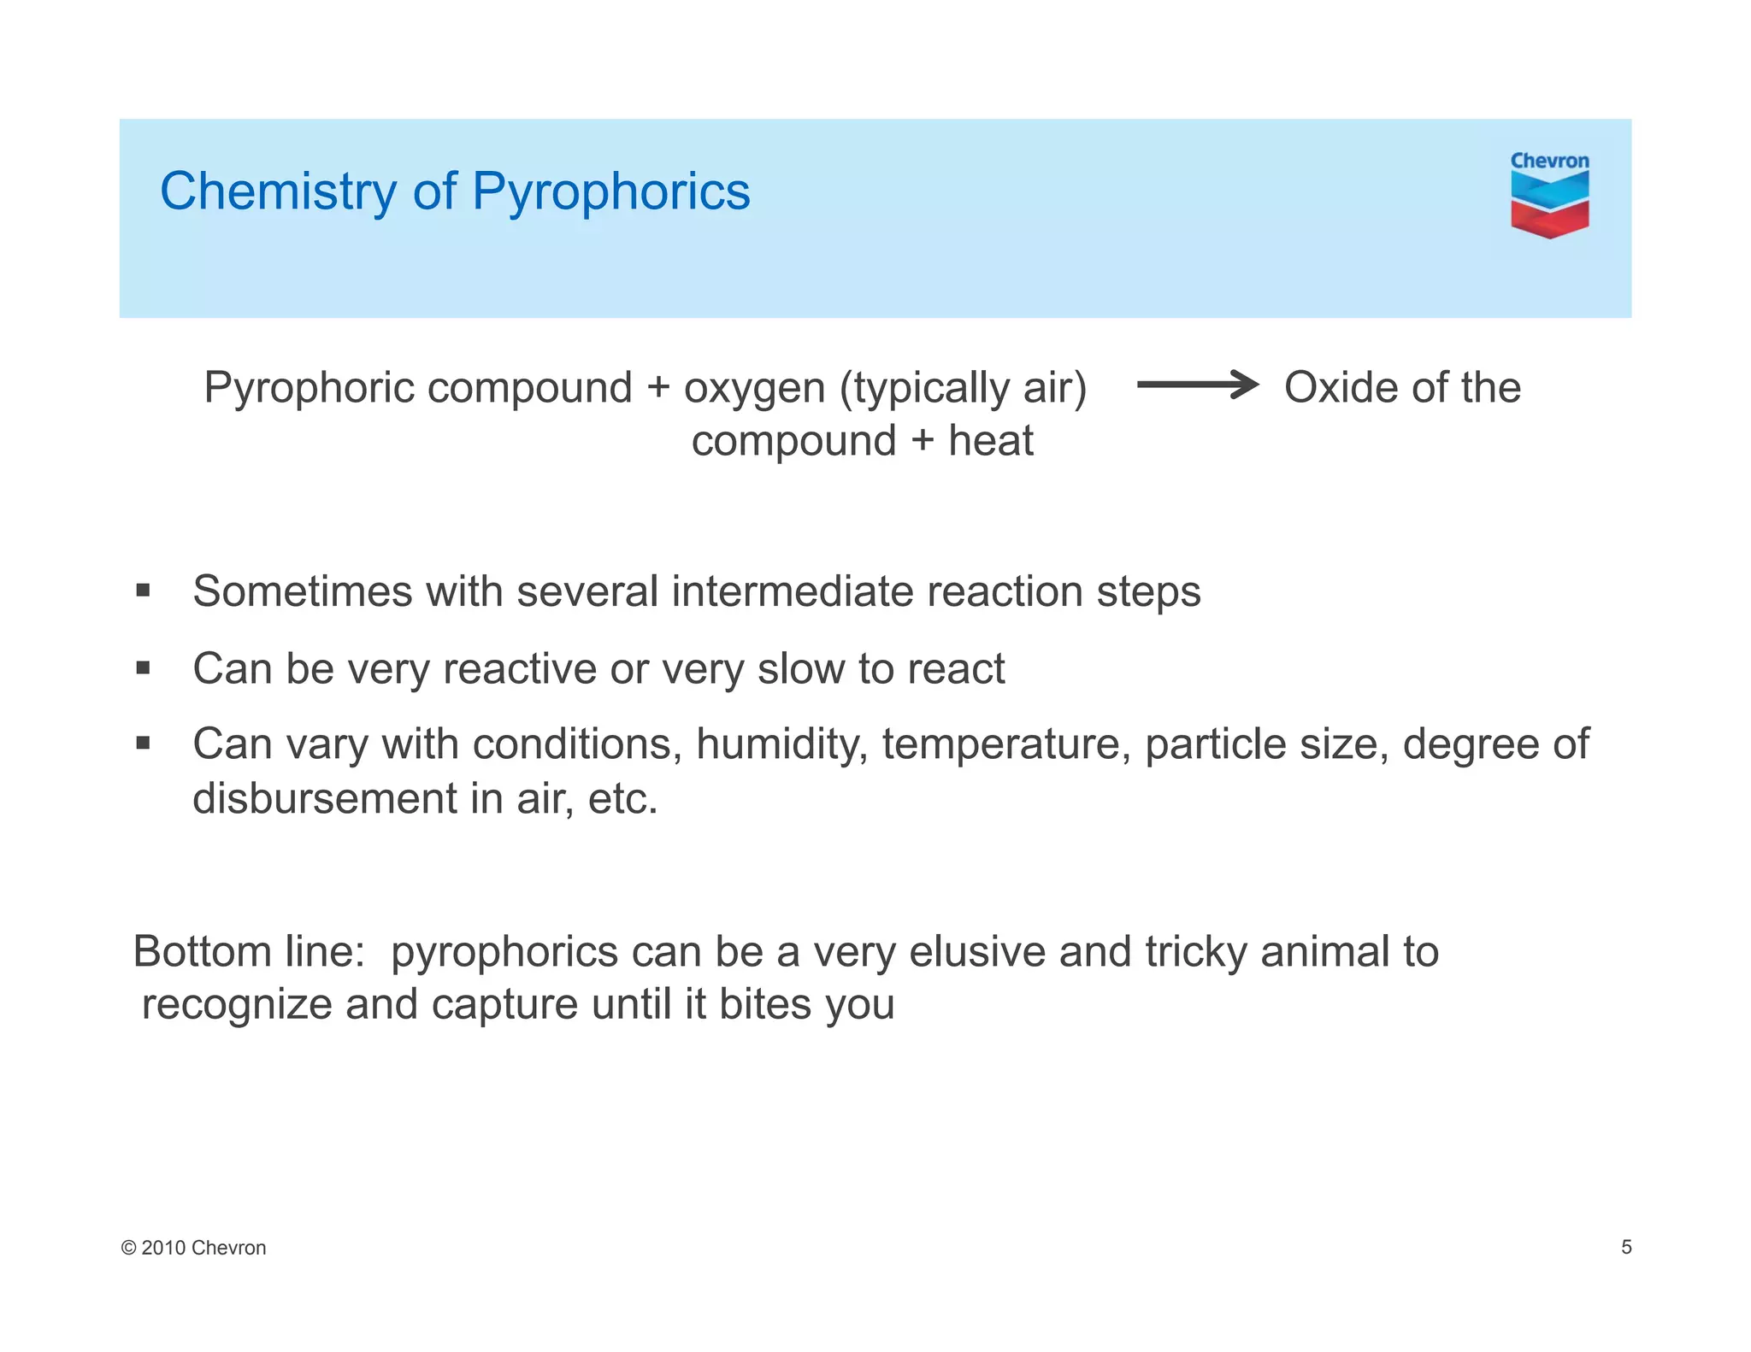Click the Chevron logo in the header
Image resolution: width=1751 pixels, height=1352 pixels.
click(1549, 195)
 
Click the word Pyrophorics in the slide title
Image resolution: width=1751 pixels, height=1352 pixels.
click(610, 191)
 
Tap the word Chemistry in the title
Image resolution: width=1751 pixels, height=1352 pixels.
click(278, 191)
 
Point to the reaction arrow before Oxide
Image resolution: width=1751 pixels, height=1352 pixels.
click(1197, 385)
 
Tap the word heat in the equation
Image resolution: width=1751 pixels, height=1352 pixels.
click(991, 442)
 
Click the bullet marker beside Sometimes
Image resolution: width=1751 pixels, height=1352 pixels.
click(143, 591)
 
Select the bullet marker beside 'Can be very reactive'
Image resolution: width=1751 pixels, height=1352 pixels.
click(143, 667)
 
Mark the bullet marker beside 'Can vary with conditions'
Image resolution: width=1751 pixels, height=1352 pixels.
click(143, 744)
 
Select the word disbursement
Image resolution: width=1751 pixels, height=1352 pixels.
click(324, 799)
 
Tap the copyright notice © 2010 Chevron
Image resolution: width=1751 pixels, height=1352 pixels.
click(194, 1248)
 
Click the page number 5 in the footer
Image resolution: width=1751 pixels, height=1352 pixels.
click(1626, 1247)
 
